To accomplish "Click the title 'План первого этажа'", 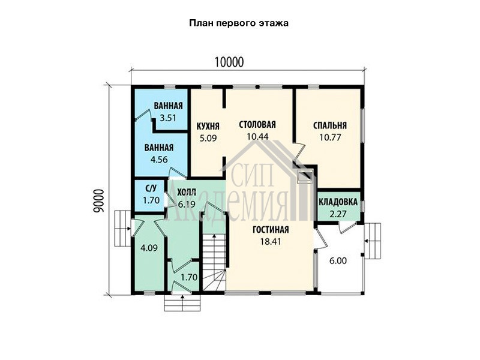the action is [239, 23].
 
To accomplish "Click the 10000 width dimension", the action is [229, 62].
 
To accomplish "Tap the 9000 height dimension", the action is [99, 200].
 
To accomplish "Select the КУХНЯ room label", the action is [208, 126].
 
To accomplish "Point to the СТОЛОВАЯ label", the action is [257, 125].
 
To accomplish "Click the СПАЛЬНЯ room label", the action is [330, 125].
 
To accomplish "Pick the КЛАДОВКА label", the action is [338, 202].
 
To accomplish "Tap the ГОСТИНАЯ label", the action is [271, 230].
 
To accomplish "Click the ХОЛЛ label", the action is [187, 193].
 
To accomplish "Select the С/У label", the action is [151, 189].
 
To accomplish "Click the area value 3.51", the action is [168, 118].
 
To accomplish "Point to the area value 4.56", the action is [159, 160].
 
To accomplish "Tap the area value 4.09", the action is [149, 248].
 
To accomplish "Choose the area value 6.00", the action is [338, 261].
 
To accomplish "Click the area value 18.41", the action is [271, 242].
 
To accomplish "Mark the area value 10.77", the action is [330, 137].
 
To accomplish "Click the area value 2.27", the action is [338, 214].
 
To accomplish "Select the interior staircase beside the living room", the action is [214, 262].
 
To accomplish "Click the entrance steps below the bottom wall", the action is [182, 303].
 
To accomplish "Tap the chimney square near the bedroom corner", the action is [305, 176].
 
